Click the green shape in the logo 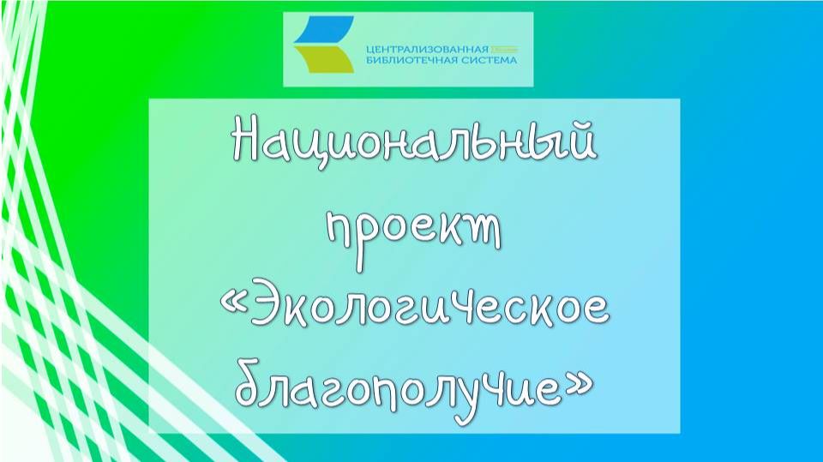[324, 61]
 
